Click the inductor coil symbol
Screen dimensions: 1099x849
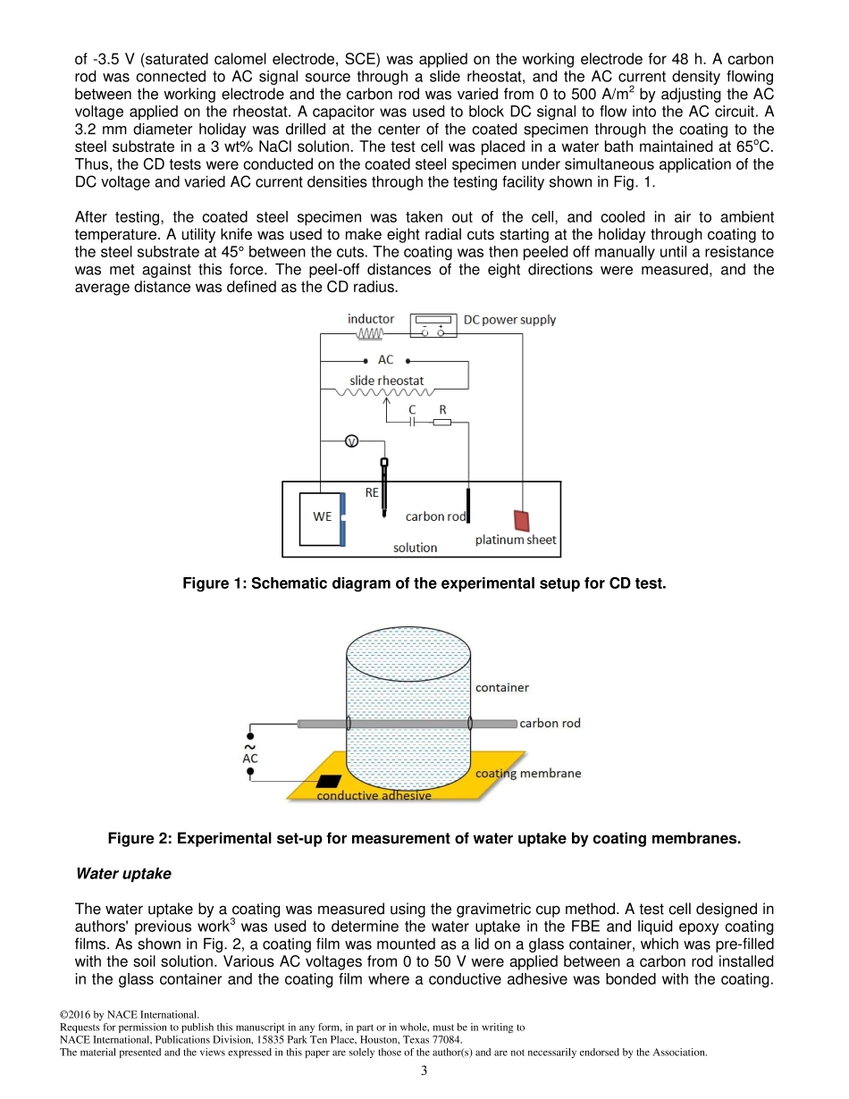(x=370, y=333)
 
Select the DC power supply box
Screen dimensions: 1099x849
(x=433, y=325)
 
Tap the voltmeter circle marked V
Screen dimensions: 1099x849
(x=351, y=441)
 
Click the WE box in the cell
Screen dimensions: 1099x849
(x=321, y=518)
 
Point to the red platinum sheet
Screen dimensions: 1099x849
(x=521, y=520)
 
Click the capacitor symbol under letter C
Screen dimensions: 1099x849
(x=412, y=423)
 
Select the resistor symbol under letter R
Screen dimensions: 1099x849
(x=442, y=423)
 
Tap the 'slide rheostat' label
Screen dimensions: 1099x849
(x=386, y=381)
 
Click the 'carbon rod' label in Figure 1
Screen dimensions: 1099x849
(x=435, y=516)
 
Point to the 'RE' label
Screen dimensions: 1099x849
(x=372, y=492)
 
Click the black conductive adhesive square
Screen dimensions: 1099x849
(x=329, y=782)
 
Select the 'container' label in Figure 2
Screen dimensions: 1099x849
(x=501, y=687)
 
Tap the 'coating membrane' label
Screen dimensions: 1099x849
(x=527, y=773)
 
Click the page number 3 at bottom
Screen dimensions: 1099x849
(x=424, y=1071)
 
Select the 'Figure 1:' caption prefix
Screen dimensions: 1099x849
(x=214, y=583)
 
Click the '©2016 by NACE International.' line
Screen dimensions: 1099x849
(x=129, y=1015)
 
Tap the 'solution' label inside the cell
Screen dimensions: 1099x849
(x=416, y=547)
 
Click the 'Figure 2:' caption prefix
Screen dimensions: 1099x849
(x=139, y=839)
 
